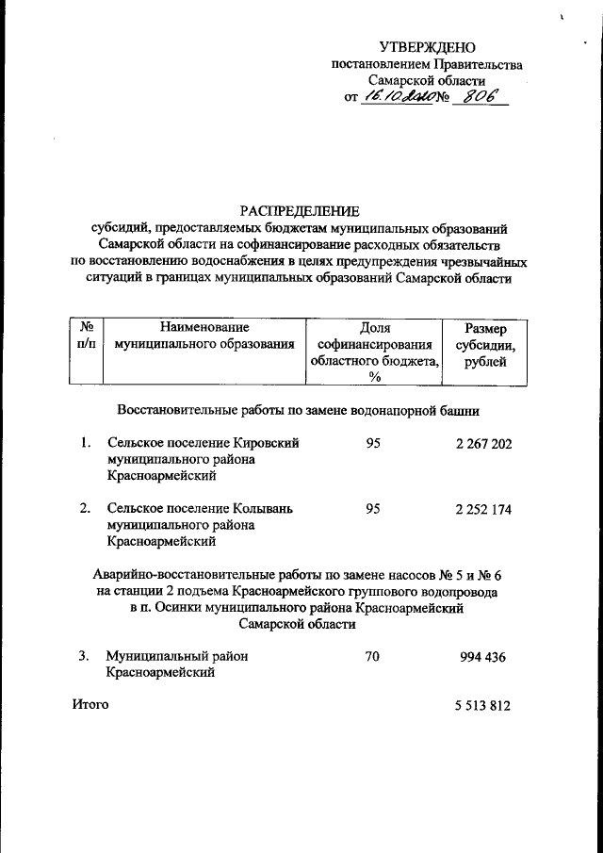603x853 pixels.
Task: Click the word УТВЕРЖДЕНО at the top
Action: point(427,47)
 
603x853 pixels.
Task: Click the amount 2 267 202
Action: point(482,444)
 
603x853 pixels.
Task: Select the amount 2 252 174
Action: point(482,509)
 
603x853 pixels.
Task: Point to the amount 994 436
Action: point(482,657)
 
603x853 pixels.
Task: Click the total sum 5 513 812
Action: point(482,705)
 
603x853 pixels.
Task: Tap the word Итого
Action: point(90,704)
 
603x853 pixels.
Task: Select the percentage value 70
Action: point(372,657)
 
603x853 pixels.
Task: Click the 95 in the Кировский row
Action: point(372,444)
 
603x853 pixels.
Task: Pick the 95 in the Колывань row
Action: point(372,509)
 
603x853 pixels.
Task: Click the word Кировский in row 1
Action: point(265,443)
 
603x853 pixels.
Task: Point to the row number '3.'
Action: point(85,656)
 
